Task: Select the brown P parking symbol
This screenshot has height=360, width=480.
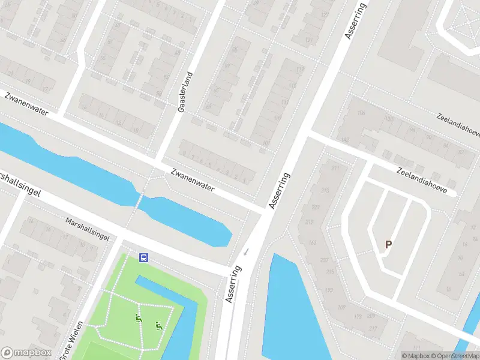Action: click(389, 245)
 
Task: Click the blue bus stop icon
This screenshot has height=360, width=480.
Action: click(144, 257)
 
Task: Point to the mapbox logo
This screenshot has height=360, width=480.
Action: click(25, 352)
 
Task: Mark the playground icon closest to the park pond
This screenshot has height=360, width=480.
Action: click(159, 326)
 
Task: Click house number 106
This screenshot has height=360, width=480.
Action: click(361, 113)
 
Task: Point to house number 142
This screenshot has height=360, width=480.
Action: click(345, 139)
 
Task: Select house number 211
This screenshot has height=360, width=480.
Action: click(335, 169)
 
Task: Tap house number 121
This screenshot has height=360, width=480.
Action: click(310, 40)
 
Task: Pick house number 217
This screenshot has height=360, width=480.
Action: click(373, 328)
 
